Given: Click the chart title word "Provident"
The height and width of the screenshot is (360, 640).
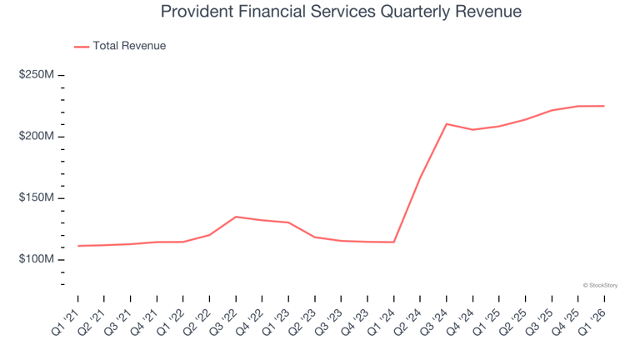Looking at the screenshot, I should pos(196,12).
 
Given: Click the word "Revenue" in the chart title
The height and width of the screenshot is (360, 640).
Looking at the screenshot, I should pos(488,12).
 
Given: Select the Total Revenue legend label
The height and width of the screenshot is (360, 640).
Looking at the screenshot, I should pos(129,46).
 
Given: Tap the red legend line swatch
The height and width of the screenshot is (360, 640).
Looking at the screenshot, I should pos(82,47).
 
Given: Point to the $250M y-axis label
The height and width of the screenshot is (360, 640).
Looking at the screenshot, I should pos(37,75).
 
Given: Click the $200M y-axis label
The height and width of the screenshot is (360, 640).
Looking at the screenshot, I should pos(37,137).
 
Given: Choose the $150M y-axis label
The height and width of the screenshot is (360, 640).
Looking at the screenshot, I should pos(37,198).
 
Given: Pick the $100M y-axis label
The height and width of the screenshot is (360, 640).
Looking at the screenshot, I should pos(37,260).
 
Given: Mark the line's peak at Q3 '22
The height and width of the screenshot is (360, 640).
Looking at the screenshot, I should pos(236,217).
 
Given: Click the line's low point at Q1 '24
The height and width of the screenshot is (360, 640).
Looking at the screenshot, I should pos(393,242).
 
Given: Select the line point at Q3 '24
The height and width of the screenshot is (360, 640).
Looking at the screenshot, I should pos(447,124).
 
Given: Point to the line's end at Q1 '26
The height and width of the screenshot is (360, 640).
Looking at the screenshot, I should pos(604,106).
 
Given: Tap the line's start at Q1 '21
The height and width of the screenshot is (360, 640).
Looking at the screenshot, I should pos(77,246).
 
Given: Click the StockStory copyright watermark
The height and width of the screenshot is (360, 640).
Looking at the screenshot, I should pos(600,285).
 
